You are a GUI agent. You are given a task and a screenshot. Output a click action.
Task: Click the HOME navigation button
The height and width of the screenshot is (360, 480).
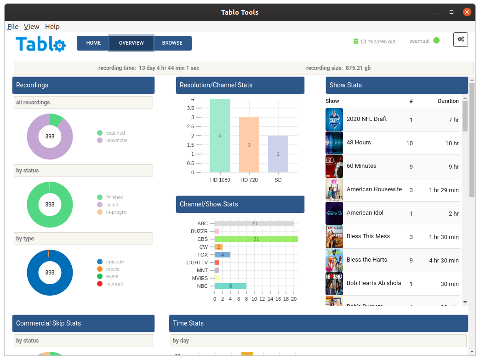[x=93, y=43]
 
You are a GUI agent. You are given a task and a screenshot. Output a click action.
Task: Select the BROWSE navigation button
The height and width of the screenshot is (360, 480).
[x=172, y=43]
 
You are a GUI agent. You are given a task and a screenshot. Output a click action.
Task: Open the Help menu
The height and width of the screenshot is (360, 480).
[x=52, y=27]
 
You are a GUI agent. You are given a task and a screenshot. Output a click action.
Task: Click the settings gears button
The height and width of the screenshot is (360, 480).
[x=461, y=40]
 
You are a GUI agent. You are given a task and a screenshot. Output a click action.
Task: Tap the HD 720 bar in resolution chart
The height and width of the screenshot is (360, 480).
[x=249, y=145]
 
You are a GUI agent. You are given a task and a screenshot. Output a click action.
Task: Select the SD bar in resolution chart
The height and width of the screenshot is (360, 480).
[x=278, y=154]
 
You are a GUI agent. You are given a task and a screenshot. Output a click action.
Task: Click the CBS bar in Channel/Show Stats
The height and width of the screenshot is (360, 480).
[x=256, y=239]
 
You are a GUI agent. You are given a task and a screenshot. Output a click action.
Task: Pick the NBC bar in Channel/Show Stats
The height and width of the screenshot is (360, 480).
[x=230, y=286]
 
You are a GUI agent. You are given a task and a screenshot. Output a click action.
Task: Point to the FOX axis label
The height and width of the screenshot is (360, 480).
[x=203, y=255]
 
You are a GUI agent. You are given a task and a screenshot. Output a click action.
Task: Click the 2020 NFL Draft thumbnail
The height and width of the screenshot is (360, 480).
[x=334, y=120]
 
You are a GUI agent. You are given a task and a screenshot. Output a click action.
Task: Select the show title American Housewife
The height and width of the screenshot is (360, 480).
[x=374, y=189]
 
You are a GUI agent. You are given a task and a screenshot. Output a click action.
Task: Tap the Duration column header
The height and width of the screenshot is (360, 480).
[x=448, y=101]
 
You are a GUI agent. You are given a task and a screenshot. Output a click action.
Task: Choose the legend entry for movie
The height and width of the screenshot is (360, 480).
[x=113, y=269]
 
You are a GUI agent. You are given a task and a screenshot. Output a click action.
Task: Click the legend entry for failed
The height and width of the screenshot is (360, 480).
[x=112, y=205]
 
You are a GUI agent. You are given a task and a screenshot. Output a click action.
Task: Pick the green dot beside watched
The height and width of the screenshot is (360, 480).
[x=100, y=133]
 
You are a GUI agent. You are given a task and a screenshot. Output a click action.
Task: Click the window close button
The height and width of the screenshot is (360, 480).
[x=467, y=12]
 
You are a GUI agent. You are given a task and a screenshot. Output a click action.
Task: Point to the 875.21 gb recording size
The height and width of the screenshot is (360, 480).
[x=358, y=68]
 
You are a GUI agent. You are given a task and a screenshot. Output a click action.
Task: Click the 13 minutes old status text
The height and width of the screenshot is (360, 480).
[x=377, y=41]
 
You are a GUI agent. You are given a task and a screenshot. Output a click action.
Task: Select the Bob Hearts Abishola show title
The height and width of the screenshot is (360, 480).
[x=374, y=283]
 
